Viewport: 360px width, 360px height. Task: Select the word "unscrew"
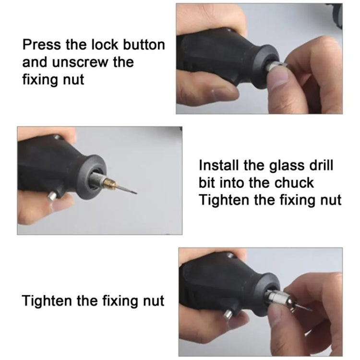pos(94,63)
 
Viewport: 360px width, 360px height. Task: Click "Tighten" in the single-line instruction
pos(48,301)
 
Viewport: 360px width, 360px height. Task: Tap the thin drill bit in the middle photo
pos(128,190)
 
